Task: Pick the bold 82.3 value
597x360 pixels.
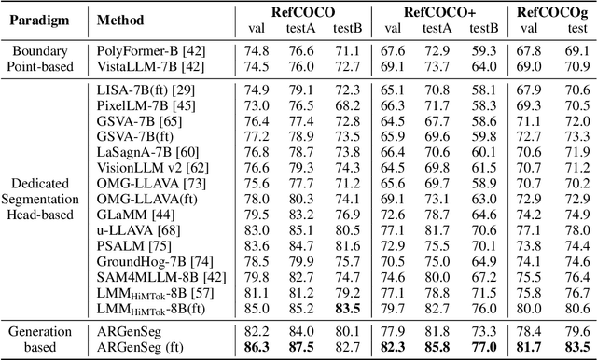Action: pos(392,347)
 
